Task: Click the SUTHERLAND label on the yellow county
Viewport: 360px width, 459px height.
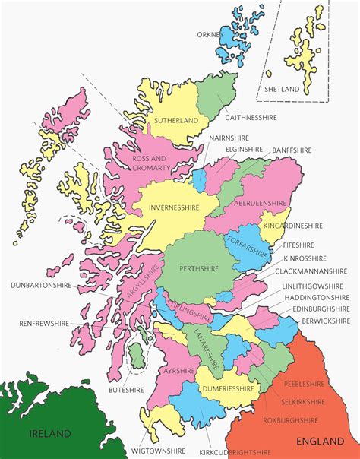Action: pyautogui.click(x=175, y=120)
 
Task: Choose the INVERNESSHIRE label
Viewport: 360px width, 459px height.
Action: pyautogui.click(x=175, y=207)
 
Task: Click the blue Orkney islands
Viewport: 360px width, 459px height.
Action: pyautogui.click(x=232, y=43)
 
